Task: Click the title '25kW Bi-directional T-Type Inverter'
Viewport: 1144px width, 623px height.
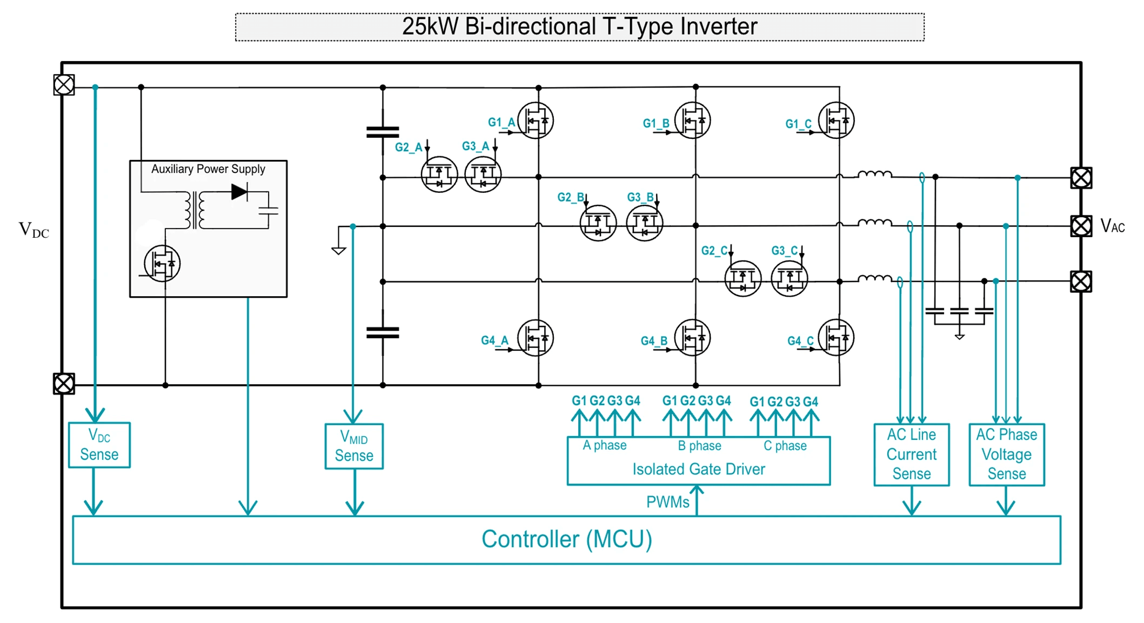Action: coord(579,26)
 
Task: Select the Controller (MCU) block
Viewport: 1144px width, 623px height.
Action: coord(566,539)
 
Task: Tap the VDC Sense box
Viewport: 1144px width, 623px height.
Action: coord(99,445)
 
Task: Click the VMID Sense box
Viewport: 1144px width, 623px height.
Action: coord(354,446)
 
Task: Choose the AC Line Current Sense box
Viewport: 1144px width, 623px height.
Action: coord(911,454)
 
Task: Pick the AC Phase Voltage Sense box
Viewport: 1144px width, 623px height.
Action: coord(1006,454)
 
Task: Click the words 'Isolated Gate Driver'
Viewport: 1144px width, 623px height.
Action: coord(698,469)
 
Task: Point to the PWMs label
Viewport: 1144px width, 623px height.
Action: coord(667,502)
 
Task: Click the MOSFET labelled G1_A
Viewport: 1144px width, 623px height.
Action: coord(536,120)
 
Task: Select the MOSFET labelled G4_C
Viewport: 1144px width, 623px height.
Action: coord(836,338)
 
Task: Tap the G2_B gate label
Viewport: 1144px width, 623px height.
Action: coord(570,197)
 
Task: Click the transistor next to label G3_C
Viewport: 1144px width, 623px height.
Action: coord(789,279)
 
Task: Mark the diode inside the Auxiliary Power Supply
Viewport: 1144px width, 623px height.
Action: coord(239,192)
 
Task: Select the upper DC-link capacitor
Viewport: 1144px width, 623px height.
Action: coord(383,132)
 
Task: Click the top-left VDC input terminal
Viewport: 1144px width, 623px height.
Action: coord(64,85)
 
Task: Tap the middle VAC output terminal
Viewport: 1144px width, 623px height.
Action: coord(1081,226)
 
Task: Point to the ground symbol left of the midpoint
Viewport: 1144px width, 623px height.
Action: coord(339,250)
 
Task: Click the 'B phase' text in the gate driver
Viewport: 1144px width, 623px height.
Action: coord(699,446)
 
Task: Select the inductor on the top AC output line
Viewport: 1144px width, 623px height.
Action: coord(874,174)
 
